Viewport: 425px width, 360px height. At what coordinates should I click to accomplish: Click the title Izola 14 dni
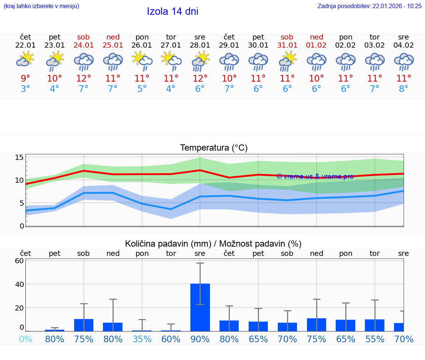click(x=173, y=11)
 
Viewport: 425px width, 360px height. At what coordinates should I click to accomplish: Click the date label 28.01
click(x=200, y=45)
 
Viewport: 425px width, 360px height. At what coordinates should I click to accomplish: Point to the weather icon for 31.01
click(x=287, y=61)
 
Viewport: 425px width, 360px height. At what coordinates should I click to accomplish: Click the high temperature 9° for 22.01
click(x=25, y=78)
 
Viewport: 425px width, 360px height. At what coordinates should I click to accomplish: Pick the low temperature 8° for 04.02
click(x=404, y=89)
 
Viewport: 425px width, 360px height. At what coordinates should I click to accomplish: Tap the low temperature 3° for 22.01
click(x=25, y=89)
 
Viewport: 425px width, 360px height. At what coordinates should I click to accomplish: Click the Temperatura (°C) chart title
click(x=214, y=148)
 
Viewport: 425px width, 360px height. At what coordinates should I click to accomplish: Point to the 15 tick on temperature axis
click(x=20, y=158)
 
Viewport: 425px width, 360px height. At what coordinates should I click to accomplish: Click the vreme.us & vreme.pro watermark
click(x=315, y=176)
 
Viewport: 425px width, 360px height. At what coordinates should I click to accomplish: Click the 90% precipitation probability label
click(x=200, y=339)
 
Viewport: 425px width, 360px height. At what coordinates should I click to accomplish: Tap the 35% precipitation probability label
click(x=142, y=339)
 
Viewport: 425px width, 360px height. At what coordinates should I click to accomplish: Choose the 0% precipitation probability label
click(x=25, y=339)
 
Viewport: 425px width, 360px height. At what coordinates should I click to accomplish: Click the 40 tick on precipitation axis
click(x=20, y=284)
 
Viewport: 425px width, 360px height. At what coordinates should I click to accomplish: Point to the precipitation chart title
click(x=213, y=244)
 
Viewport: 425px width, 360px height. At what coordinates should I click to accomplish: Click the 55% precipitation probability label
click(x=375, y=339)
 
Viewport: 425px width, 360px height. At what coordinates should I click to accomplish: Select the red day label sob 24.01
click(x=84, y=41)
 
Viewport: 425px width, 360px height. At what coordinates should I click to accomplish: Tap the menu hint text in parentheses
click(x=41, y=6)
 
